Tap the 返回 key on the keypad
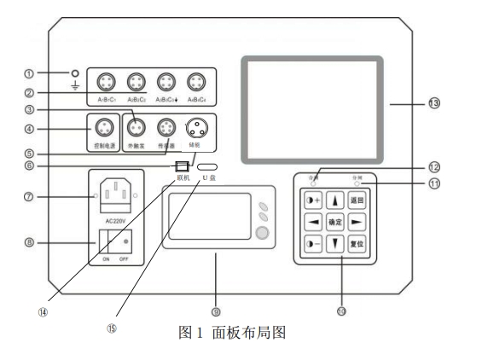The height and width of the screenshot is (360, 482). [x=357, y=201]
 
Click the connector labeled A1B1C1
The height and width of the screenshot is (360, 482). [x=106, y=83]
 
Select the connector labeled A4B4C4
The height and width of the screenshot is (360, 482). [x=196, y=83]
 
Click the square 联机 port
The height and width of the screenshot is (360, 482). [x=181, y=165]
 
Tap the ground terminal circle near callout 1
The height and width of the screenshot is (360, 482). [x=76, y=73]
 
